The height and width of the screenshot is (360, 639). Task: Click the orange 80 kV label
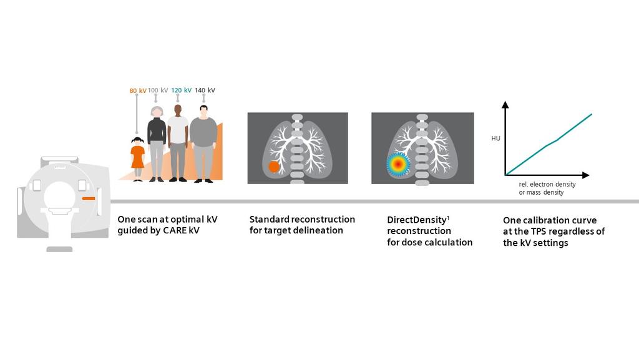point(137,90)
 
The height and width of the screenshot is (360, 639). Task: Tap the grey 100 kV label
point(158,90)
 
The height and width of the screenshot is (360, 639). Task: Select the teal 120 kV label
point(180,90)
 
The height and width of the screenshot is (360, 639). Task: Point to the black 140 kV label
point(205,90)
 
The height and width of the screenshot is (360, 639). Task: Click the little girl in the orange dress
point(137,158)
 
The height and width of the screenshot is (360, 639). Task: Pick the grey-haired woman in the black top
point(157,144)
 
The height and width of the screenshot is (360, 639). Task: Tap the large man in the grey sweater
point(203,144)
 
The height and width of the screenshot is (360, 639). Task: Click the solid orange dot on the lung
point(273,167)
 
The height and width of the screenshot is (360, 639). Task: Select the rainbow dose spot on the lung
point(398,164)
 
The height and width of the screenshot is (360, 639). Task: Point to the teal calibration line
point(549,144)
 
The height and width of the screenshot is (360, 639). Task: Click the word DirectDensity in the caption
point(416,220)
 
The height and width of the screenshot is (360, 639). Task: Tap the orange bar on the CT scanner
point(88,198)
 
